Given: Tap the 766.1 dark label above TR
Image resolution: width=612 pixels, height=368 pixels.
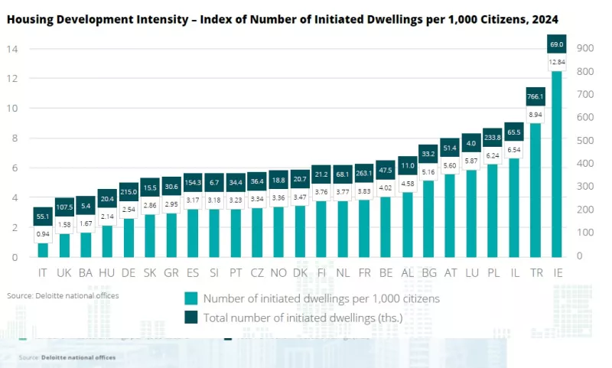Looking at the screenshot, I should [x=535, y=96].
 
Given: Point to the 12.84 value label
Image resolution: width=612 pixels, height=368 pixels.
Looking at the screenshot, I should [x=557, y=62].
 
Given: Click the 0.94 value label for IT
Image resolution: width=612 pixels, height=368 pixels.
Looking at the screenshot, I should [x=43, y=234].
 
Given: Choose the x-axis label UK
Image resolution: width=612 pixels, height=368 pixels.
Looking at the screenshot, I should [x=64, y=272].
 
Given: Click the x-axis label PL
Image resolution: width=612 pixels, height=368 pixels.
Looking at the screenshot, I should [x=493, y=272].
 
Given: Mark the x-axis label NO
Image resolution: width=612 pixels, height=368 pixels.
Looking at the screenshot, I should [x=278, y=272].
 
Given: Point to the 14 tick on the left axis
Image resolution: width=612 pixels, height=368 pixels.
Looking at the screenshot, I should [x=13, y=49].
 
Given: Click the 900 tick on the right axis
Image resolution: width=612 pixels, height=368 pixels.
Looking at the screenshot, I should [x=585, y=48].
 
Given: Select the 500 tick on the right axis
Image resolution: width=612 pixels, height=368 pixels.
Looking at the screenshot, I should [x=585, y=141].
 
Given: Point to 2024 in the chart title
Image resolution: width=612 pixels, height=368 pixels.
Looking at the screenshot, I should [x=544, y=18].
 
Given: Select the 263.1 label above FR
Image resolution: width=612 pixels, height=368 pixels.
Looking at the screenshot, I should [x=364, y=173].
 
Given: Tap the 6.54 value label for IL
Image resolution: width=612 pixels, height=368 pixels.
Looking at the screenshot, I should [x=514, y=150].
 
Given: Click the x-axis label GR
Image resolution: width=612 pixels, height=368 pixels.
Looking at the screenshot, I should [x=171, y=272].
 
